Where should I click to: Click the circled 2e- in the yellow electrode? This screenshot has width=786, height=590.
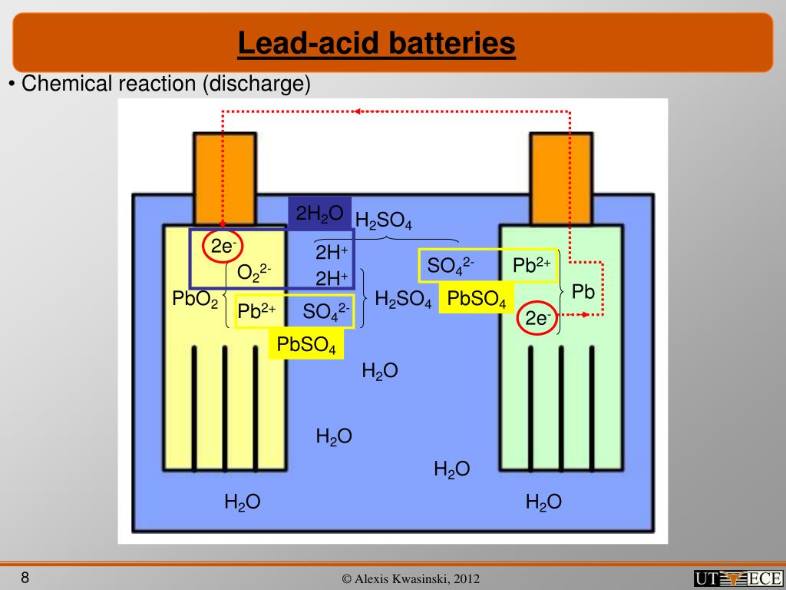[223, 247]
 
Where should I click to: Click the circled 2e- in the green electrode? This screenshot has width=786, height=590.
[537, 317]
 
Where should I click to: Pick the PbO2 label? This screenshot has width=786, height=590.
[196, 298]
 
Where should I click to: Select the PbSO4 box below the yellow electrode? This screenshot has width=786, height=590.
[306, 345]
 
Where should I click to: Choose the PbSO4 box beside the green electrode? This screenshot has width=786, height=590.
[476, 299]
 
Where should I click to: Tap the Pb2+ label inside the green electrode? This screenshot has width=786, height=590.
[532, 266]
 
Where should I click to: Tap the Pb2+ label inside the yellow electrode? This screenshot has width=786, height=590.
[256, 311]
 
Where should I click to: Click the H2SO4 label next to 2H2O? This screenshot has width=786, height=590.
[384, 220]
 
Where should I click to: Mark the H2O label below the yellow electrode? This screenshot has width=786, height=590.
[242, 502]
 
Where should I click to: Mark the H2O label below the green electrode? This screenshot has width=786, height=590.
[543, 502]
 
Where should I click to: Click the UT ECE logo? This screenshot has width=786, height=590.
[737, 578]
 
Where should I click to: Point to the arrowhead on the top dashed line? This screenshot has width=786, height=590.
[358, 111]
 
